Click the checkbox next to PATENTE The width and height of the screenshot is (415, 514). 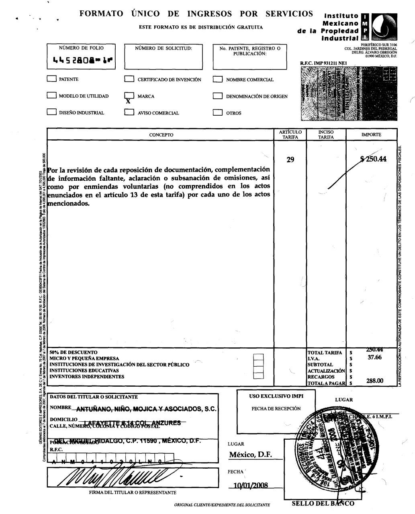[x=51, y=79]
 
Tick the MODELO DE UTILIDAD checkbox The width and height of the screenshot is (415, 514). [x=51, y=96]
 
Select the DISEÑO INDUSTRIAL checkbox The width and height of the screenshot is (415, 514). [x=51, y=112]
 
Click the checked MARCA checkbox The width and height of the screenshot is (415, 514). [x=129, y=96]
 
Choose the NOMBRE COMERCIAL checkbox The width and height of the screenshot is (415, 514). [x=218, y=80]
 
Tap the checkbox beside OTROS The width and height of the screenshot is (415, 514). [x=218, y=113]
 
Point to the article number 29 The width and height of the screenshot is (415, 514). [x=290, y=160]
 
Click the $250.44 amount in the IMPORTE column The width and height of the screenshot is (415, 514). [x=374, y=159]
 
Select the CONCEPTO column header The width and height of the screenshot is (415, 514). [x=161, y=135]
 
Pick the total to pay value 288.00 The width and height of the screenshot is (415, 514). [x=375, y=381]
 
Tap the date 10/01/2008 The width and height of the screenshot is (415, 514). [x=250, y=485]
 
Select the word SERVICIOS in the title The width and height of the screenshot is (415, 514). [x=289, y=14]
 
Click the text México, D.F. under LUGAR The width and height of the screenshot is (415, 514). [x=250, y=455]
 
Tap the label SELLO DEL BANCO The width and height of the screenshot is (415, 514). [x=323, y=504]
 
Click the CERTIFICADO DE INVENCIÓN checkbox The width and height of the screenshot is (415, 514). [x=129, y=80]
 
